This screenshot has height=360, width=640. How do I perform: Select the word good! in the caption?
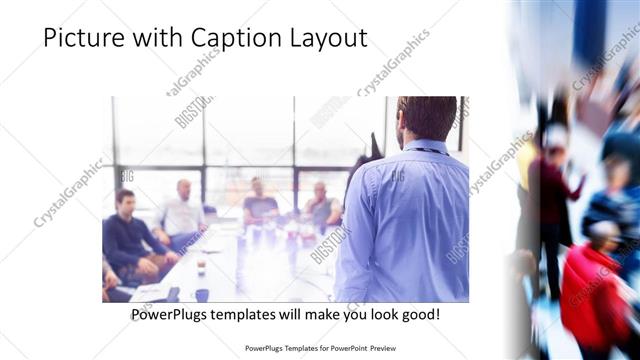pyautogui.click(x=419, y=314)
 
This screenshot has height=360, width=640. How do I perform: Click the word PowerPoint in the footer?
pyautogui.click(x=346, y=349)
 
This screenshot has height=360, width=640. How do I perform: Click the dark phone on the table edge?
pyautogui.click(x=173, y=294)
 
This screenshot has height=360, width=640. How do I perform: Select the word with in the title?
pyautogui.click(x=151, y=38)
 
